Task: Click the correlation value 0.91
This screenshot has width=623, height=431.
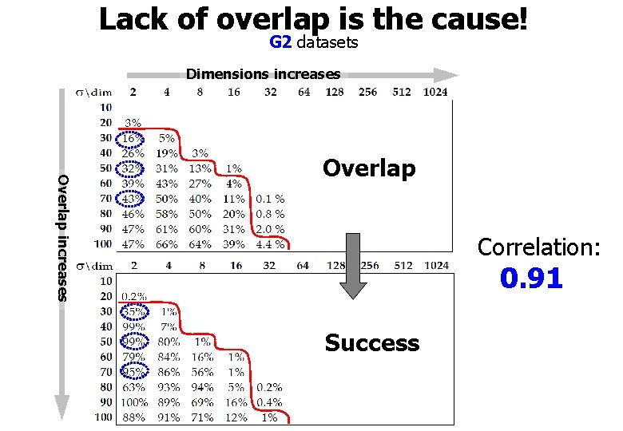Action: point(531,279)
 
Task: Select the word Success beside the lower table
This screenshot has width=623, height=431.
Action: point(371,343)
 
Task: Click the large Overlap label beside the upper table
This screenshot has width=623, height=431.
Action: point(369,168)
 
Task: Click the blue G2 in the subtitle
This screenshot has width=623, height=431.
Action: point(280,42)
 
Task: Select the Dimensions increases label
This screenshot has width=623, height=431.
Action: point(263,74)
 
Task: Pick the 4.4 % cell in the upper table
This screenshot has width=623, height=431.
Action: point(269,244)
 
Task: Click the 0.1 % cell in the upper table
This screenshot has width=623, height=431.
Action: point(269,199)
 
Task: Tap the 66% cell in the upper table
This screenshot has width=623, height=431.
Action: point(166,244)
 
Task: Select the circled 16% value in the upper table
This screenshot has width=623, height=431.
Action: point(132,138)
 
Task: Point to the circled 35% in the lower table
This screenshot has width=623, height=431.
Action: point(133,311)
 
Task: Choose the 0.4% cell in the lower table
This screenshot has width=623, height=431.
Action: point(269,402)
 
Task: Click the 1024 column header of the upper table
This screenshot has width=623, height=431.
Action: point(435,92)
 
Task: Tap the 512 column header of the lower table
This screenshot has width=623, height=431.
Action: point(402,266)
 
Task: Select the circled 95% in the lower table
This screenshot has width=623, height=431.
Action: point(133,372)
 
